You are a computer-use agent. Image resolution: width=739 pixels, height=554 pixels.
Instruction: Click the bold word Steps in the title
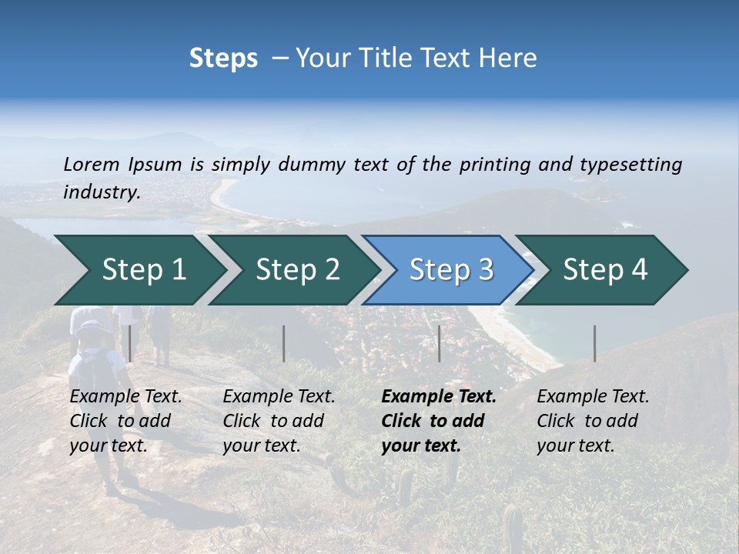[x=223, y=58]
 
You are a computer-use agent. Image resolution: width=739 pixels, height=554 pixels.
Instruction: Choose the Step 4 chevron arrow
[x=605, y=270]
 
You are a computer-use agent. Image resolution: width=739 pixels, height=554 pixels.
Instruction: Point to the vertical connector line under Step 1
[x=130, y=343]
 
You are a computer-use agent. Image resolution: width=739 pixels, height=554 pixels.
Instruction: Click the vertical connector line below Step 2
[x=284, y=343]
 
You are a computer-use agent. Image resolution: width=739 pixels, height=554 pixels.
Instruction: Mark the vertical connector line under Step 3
[x=439, y=343]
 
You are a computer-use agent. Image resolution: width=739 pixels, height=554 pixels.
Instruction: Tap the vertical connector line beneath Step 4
[x=594, y=343]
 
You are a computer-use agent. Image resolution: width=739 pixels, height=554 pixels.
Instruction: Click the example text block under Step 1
[x=125, y=421]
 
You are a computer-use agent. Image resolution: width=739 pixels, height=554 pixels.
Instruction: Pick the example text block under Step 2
[x=279, y=421]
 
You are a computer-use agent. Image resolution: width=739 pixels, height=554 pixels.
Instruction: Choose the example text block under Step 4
[x=593, y=421]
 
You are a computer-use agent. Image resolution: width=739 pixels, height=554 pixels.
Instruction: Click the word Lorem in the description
[x=92, y=164]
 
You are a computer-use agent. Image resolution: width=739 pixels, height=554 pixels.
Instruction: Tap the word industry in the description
[x=101, y=192]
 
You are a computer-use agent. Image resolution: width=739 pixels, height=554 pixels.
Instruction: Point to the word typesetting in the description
[x=630, y=165]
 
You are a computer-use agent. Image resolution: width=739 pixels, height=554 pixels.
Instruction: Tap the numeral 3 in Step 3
[x=485, y=270]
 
